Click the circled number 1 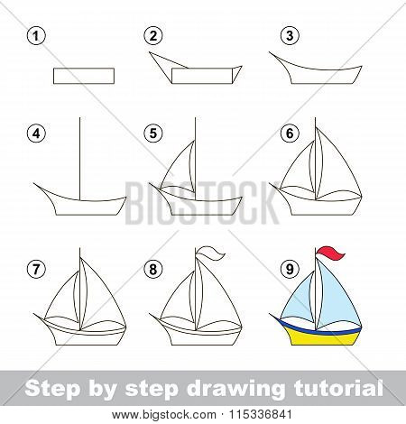pos(35,36)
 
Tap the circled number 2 pos(153,36)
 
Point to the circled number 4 pos(35,134)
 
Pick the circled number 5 pos(153,134)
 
